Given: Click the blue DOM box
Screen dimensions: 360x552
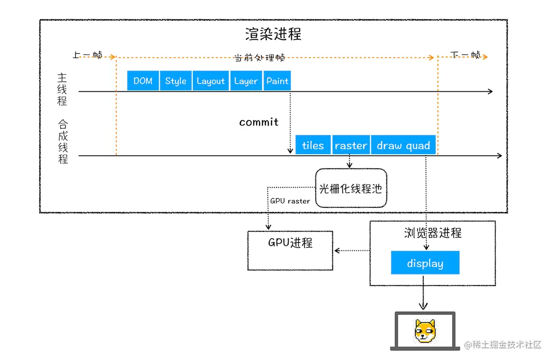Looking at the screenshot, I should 143,81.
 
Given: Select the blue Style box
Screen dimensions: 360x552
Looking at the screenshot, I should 175,81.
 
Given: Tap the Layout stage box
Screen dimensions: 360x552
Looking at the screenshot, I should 211,81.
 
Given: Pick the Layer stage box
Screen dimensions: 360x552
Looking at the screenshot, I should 246,81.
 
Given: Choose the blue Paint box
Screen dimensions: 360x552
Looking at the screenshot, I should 277,81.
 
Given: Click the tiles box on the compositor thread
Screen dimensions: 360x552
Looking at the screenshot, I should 313,145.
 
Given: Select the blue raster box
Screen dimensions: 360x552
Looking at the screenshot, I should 351,145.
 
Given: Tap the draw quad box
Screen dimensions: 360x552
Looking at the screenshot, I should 403,145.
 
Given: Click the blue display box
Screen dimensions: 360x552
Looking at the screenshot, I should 425,263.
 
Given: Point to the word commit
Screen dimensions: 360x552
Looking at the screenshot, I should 259,122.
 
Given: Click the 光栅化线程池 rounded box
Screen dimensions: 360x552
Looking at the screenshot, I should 351,188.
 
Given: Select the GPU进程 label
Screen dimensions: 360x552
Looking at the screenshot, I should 290,242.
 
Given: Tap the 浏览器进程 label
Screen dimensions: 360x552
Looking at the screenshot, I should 433,233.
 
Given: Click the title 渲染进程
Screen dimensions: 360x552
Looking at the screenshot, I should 273,34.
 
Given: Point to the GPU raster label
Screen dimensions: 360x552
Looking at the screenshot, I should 290,201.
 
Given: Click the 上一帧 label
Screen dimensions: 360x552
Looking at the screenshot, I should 87,55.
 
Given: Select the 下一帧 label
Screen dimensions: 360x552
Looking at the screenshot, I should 465,55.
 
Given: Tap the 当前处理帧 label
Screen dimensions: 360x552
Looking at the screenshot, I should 260,58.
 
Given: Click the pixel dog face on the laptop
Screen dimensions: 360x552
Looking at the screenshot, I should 425,331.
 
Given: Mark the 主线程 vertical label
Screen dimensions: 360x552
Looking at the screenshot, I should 62,89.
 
